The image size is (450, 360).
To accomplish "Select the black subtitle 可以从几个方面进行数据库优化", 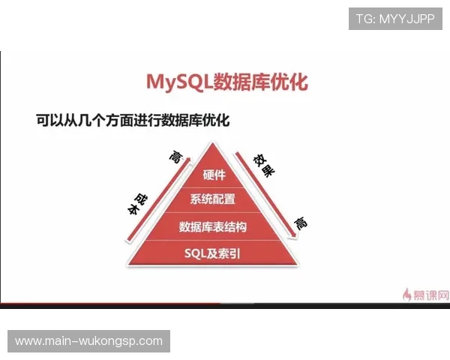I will point(132,118).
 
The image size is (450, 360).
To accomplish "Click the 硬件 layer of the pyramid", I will point(214,175).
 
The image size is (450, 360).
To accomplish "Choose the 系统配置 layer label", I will point(213,199).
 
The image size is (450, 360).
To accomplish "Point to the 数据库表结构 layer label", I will point(213,226).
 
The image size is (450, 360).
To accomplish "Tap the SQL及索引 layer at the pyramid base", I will point(213,253).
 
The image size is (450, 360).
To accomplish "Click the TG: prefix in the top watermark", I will point(366,19).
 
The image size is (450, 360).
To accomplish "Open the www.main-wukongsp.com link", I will point(89,341).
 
